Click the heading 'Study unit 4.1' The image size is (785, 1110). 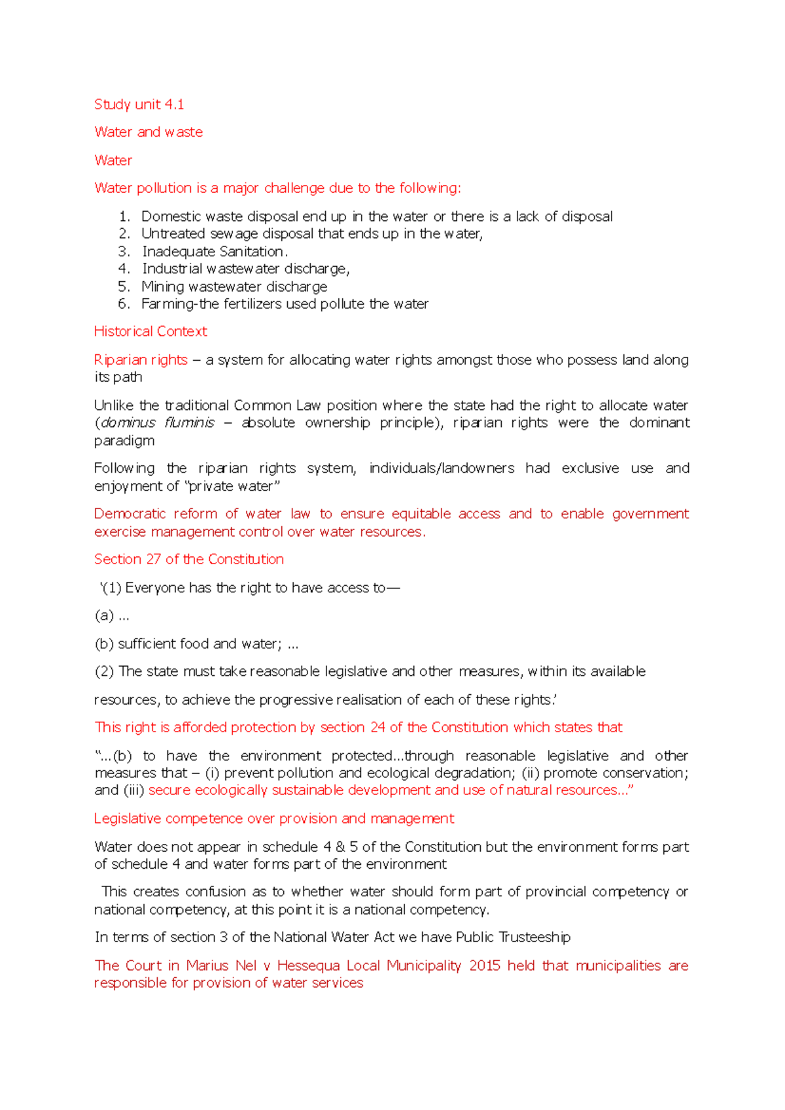pos(139,105)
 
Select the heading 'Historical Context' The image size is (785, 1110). pos(150,331)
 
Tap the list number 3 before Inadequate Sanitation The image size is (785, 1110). pos(124,252)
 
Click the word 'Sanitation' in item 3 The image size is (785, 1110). pos(252,252)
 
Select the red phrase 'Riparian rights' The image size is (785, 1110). pos(141,360)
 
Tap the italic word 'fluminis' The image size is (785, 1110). pos(190,423)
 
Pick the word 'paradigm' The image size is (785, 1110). pos(124,441)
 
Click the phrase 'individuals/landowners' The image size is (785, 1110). pos(441,469)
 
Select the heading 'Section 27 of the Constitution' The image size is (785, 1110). pos(189,560)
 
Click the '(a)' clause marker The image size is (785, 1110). pos(104,616)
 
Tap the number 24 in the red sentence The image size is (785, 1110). pos(377,728)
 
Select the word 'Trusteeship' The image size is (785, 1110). pos(534,937)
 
